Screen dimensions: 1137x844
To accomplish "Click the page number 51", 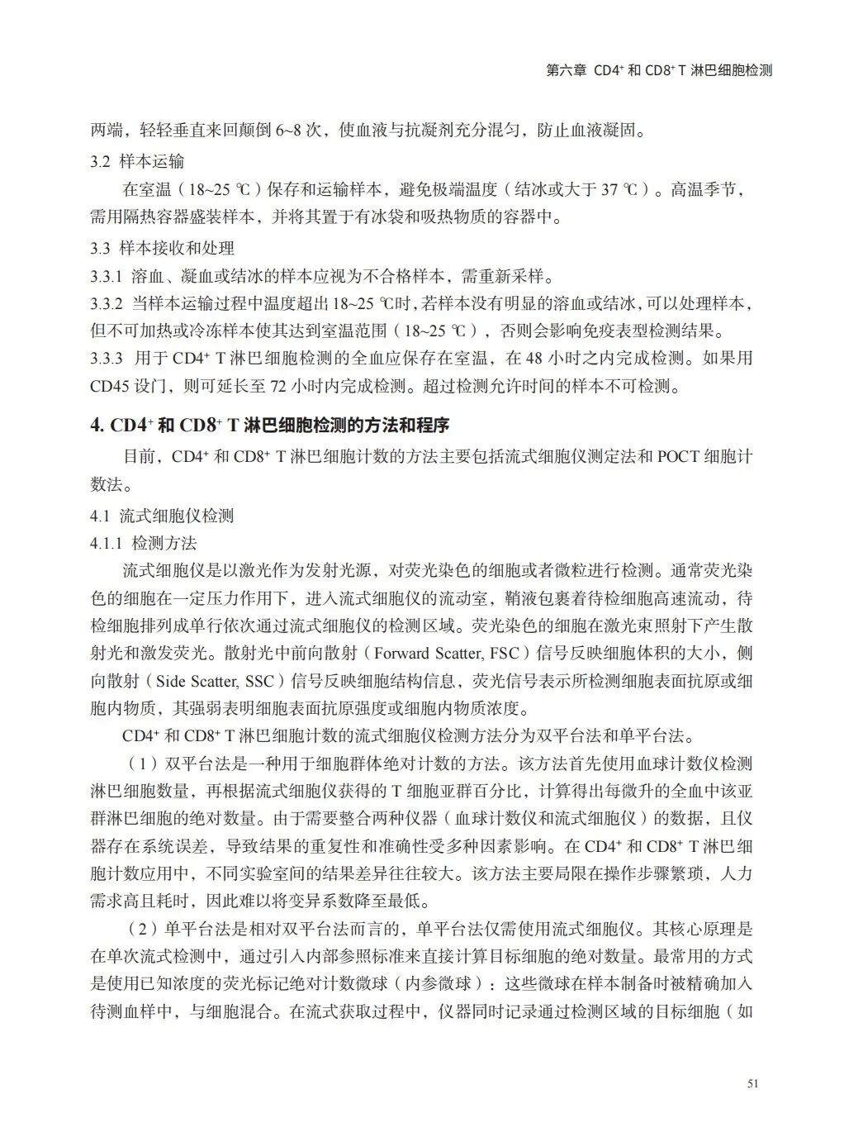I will pos(751,1084).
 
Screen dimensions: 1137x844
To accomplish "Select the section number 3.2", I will pos(101,160).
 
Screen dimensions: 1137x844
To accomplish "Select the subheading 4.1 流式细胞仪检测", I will pos(162,516).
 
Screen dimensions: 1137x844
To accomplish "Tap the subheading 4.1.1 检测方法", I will pos(144,543).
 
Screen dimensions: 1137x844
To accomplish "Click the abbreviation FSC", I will pos(505,654).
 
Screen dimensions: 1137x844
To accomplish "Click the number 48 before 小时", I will pos(534,359).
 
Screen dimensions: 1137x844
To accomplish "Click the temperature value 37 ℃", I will pos(619,189).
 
